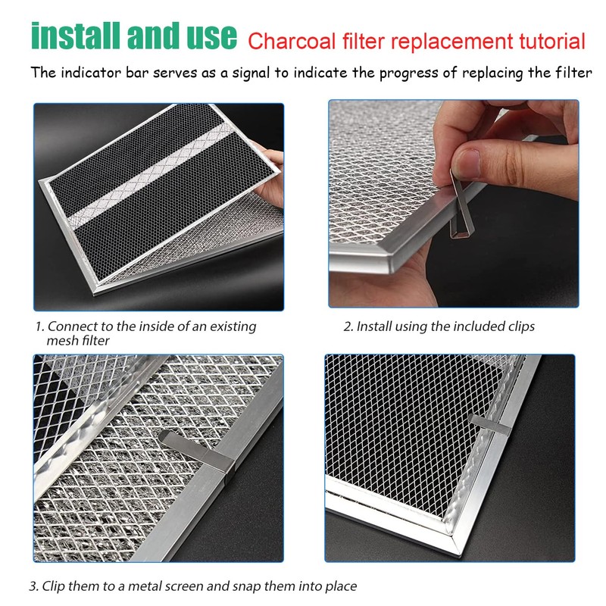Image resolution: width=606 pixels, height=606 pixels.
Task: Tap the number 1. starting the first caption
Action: point(39,327)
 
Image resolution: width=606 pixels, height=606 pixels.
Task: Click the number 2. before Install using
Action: point(348,327)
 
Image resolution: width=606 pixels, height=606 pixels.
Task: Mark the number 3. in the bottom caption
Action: point(34,586)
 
